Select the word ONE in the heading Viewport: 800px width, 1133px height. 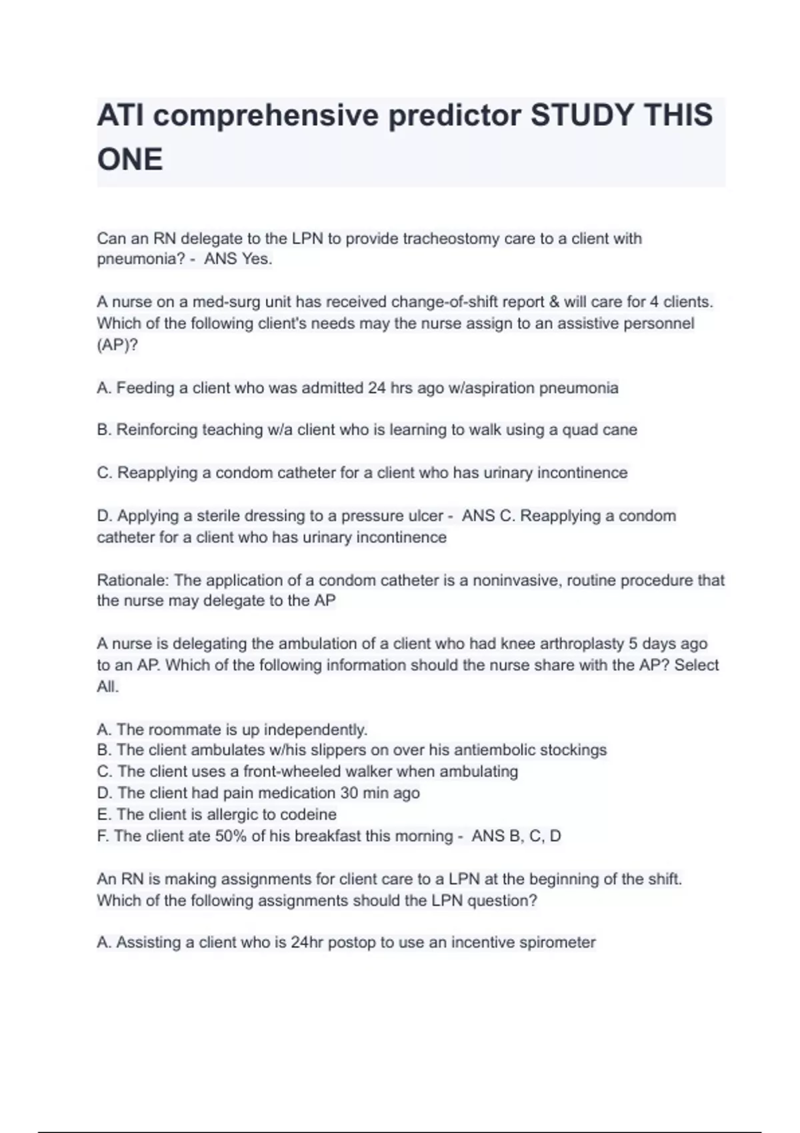click(130, 160)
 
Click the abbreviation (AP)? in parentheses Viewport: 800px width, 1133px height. click(117, 345)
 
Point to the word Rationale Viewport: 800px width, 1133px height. click(132, 580)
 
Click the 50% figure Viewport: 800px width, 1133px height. click(230, 836)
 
